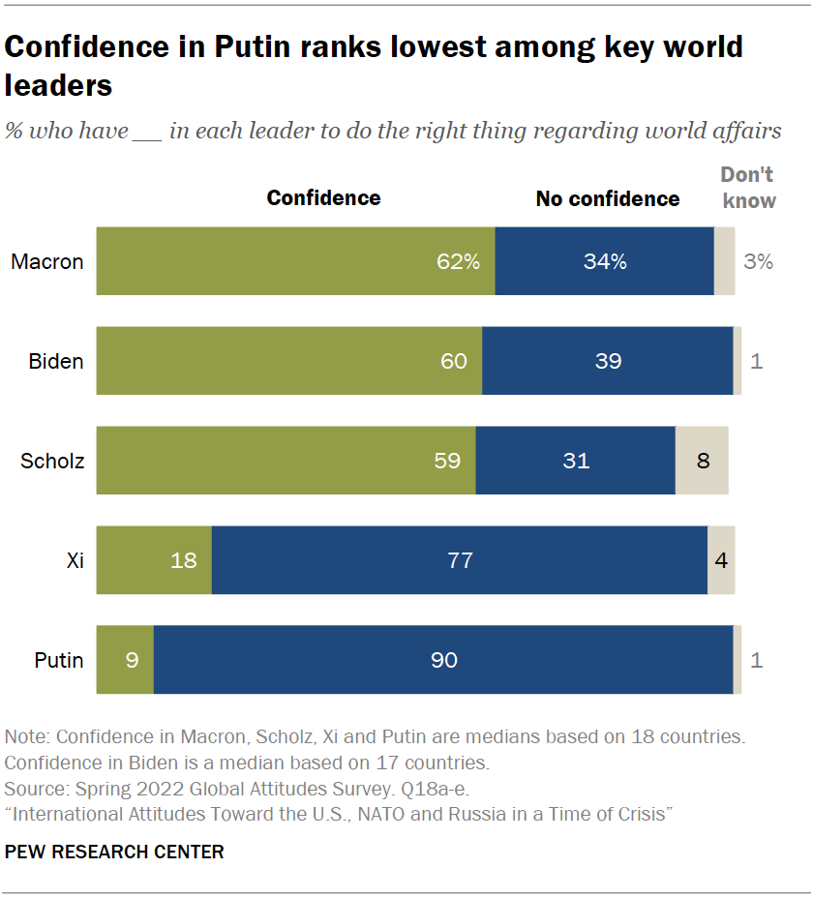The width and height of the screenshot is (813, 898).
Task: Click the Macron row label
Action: click(47, 261)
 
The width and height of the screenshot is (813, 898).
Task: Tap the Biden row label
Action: click(55, 361)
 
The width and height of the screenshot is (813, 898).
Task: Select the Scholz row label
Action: click(52, 461)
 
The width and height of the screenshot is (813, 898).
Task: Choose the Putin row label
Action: click(59, 661)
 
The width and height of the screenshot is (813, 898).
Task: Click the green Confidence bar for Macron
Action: click(295, 261)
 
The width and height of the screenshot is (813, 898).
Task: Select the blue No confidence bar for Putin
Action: click(443, 660)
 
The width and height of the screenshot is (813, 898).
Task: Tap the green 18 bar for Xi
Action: click(154, 560)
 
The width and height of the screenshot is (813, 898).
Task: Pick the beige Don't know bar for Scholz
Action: click(702, 461)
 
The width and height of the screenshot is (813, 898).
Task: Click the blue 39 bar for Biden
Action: click(608, 361)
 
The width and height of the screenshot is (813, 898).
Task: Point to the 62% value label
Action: click(457, 261)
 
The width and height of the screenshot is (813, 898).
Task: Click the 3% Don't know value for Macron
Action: click(758, 261)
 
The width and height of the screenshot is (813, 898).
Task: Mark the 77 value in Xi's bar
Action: click(460, 560)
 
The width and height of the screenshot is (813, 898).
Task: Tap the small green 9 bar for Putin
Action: click(125, 660)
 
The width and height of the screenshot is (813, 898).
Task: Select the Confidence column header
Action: click(323, 198)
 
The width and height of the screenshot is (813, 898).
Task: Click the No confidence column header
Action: click(608, 198)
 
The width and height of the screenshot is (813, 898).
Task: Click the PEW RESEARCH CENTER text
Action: click(114, 852)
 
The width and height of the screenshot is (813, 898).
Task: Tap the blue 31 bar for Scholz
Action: click(576, 461)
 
